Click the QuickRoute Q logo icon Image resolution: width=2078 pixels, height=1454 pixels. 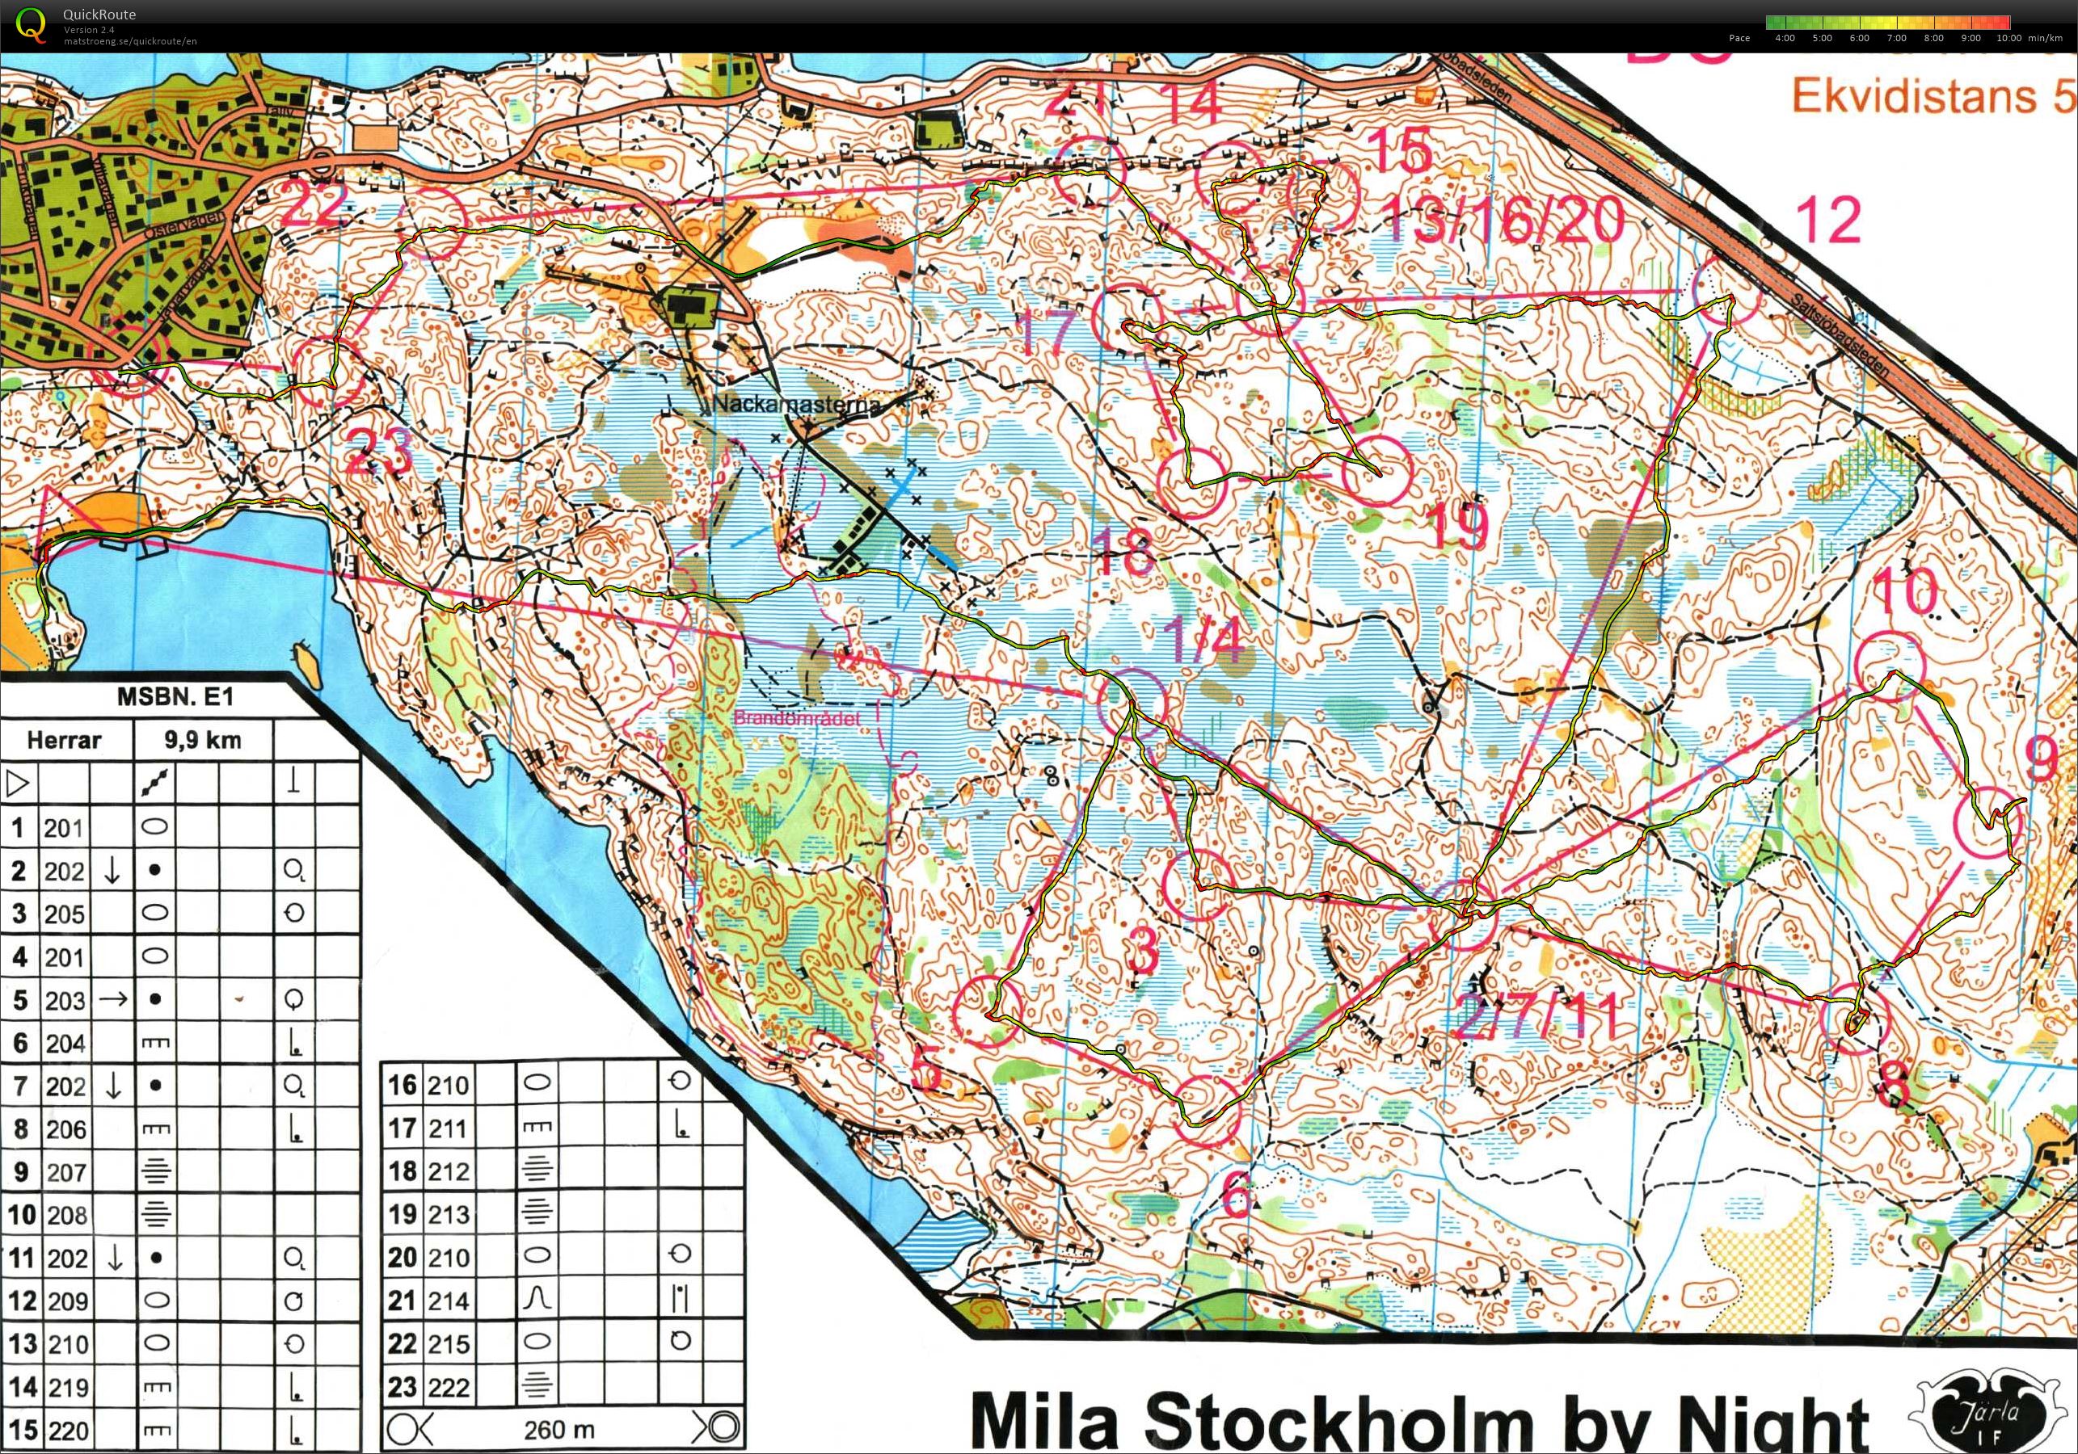[x=31, y=24]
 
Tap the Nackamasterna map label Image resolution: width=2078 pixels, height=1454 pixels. [x=795, y=405]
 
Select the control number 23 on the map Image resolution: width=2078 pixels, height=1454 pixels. [x=378, y=450]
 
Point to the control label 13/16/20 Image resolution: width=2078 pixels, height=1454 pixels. [x=1503, y=220]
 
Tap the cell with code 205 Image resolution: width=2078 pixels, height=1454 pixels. [x=65, y=914]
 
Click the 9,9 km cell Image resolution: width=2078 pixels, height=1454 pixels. [x=203, y=740]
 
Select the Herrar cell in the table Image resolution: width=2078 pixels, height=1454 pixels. [x=65, y=740]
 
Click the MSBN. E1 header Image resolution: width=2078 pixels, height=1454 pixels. [x=175, y=696]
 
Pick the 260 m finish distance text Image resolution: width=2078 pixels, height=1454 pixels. [x=558, y=1430]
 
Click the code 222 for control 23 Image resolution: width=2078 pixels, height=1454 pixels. [x=448, y=1386]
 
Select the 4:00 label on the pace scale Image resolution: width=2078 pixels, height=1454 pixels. [x=1784, y=38]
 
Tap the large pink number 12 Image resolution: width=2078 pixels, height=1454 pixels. [x=1828, y=220]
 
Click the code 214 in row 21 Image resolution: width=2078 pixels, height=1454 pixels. [x=448, y=1301]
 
